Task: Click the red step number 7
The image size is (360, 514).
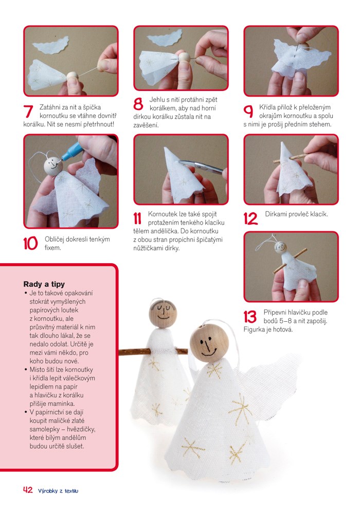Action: point(28,112)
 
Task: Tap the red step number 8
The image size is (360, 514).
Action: point(138,104)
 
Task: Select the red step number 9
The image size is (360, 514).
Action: point(248,112)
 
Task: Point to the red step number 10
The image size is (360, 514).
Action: point(30,244)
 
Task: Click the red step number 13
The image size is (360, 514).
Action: point(250,317)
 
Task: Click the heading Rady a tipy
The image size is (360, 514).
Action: point(44,284)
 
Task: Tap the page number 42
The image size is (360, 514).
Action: point(28,490)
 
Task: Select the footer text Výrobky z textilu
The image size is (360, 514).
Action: point(58,491)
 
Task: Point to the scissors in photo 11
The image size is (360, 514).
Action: point(201,166)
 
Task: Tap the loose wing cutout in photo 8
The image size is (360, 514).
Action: point(164,38)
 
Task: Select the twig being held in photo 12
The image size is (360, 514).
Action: point(291,157)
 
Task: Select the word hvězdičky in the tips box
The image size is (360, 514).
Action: point(81,429)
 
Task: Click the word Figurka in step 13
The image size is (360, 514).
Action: point(254,329)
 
